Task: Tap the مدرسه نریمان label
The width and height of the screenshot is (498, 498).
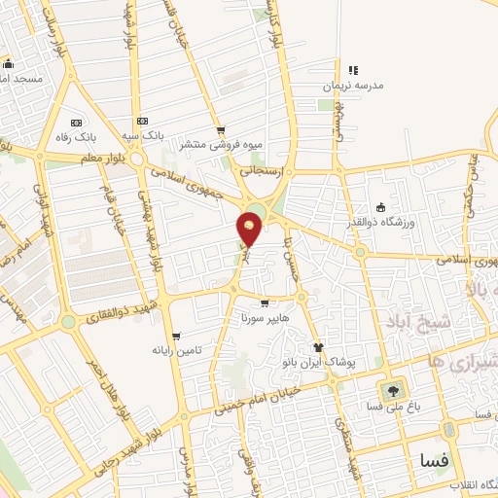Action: pyautogui.click(x=352, y=87)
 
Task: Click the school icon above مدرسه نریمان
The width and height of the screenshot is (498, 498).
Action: pyautogui.click(x=353, y=70)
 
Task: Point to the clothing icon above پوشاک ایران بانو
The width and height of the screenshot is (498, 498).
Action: pyautogui.click(x=317, y=346)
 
